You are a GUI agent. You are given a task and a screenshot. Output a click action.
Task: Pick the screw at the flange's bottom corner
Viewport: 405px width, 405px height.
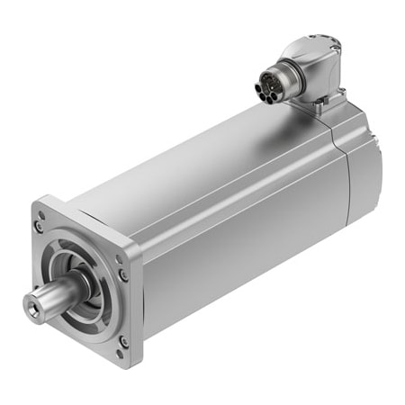[124, 342]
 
